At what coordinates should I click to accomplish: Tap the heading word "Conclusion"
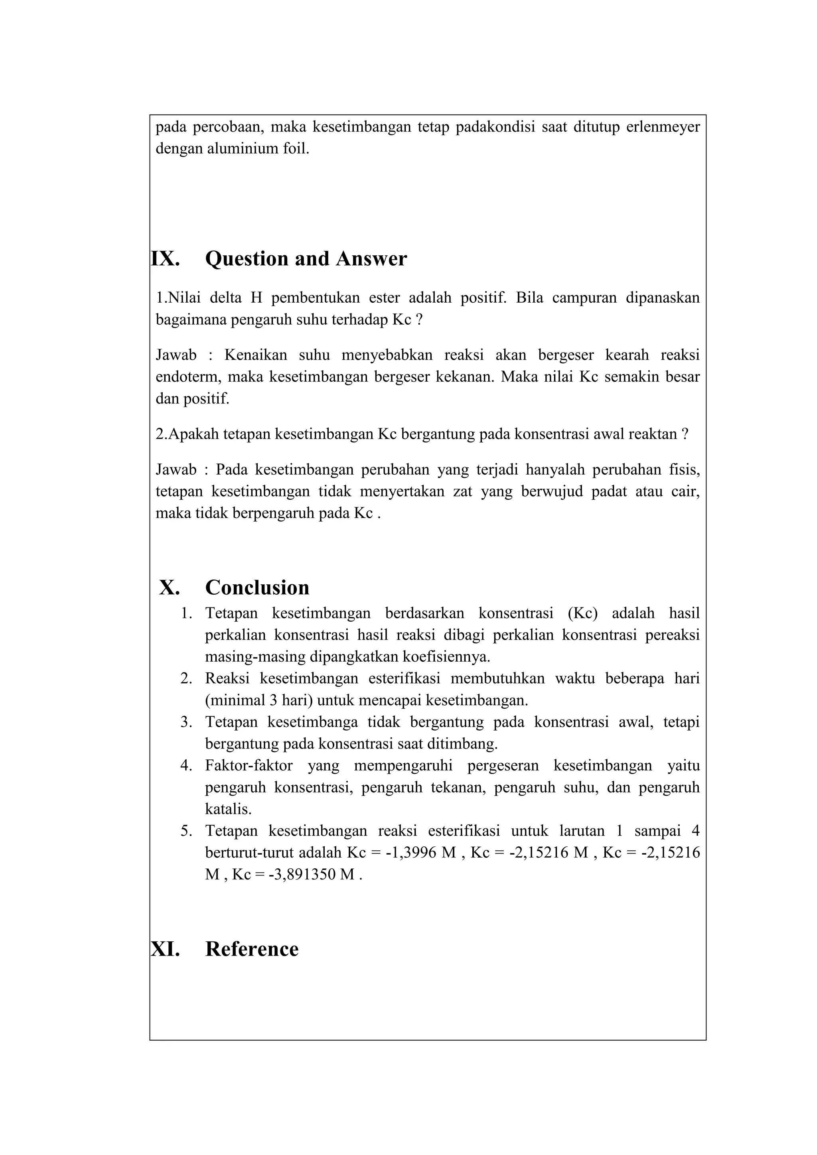click(x=257, y=587)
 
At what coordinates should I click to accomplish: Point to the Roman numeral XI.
click(x=166, y=949)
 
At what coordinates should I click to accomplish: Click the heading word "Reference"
click(x=252, y=949)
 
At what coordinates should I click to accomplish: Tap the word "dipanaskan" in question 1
click(x=663, y=298)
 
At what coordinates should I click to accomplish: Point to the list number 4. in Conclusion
click(x=187, y=766)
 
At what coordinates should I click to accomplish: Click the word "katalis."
click(x=228, y=809)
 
